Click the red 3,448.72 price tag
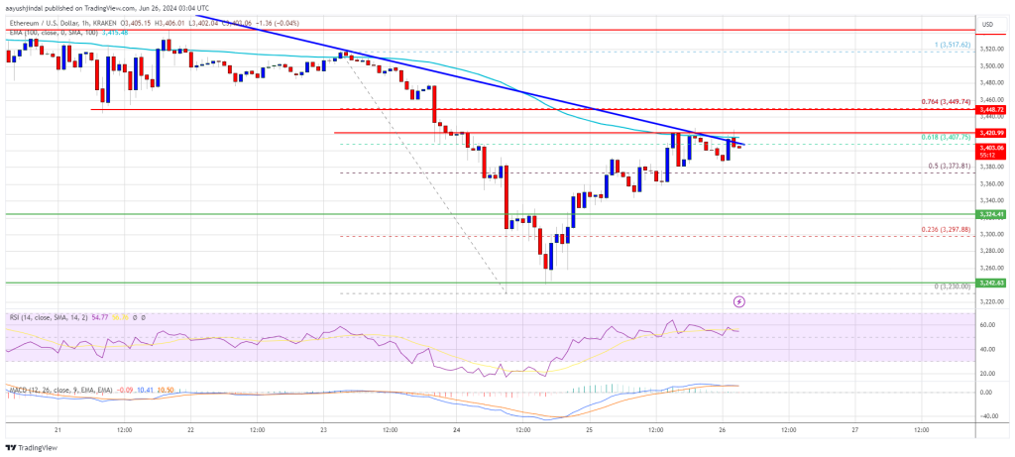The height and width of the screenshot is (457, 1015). point(993,109)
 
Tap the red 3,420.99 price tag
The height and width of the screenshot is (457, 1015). point(993,132)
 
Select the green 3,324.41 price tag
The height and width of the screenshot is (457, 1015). point(993,213)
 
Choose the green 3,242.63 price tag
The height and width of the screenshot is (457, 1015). point(993,283)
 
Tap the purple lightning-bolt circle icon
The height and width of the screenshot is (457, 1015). point(738,299)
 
